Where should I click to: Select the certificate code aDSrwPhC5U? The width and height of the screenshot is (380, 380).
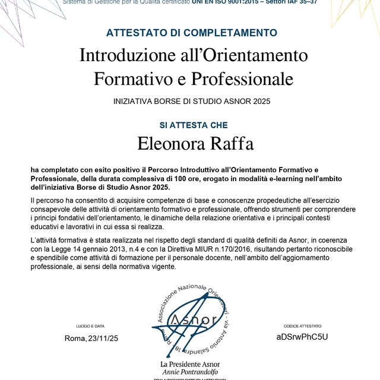click(302, 337)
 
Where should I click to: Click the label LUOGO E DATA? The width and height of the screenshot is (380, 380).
click(90, 326)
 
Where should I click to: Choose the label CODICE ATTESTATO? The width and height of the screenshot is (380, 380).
click(302, 326)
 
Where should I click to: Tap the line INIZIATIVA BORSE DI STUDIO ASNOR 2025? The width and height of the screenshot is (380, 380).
click(191, 102)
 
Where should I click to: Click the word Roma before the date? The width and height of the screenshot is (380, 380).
click(75, 338)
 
